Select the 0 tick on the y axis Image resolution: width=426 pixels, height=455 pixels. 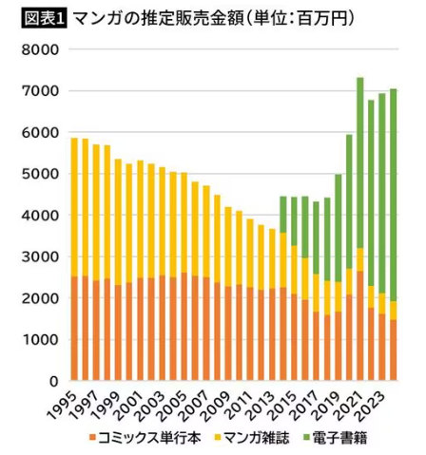pyautogui.click(x=58, y=381)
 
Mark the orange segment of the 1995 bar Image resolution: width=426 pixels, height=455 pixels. pyautogui.click(x=74, y=328)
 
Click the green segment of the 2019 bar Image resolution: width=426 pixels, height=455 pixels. pyautogui.click(x=338, y=228)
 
